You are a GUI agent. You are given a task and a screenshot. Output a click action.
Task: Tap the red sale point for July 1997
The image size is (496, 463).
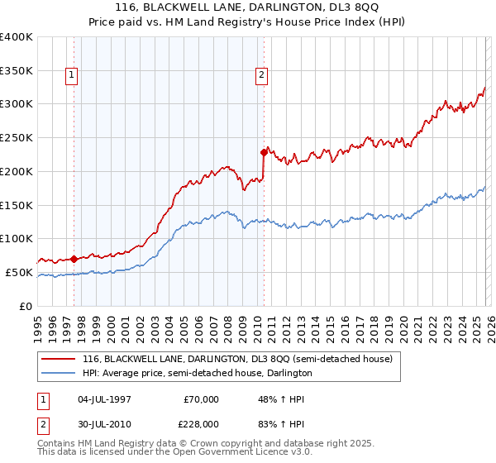[x=74, y=258]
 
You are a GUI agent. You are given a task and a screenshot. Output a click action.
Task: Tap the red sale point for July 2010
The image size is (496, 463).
[x=264, y=152]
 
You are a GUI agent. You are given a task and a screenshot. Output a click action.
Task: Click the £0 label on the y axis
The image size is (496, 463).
[x=26, y=306]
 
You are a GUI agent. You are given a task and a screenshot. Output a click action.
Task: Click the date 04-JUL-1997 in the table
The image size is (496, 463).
[x=103, y=399]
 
